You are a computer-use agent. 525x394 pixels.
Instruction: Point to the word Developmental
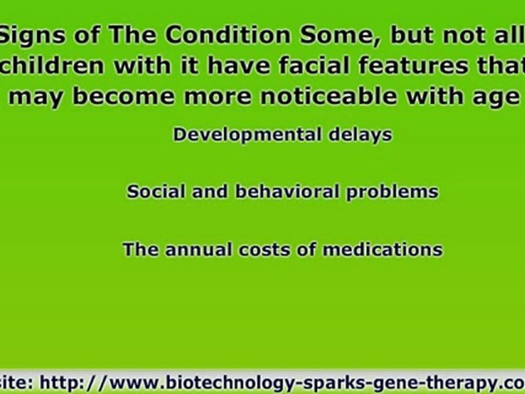(246, 135)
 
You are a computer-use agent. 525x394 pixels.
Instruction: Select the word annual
(200, 250)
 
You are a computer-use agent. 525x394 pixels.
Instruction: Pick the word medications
(382, 250)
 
